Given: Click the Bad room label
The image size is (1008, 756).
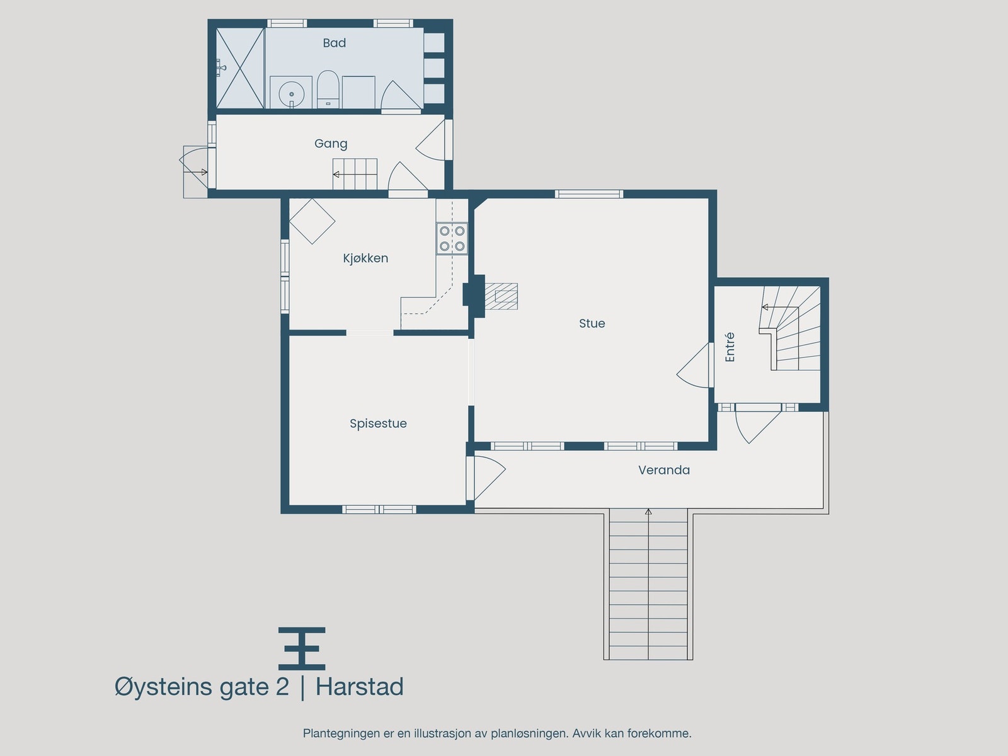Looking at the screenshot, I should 334,43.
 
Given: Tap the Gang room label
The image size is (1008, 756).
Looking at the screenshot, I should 331,144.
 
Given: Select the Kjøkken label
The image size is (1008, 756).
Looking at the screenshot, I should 365,258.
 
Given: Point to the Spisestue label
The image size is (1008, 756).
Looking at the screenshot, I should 378,423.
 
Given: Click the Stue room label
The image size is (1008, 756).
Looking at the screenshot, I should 592,323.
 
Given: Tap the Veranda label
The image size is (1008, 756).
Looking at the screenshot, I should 663,470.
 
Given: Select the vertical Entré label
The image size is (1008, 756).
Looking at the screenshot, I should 730,347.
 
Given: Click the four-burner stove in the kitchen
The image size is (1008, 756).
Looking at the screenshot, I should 452,239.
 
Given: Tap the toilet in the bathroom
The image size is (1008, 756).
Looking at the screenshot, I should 328,90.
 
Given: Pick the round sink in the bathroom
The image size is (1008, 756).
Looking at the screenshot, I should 291,93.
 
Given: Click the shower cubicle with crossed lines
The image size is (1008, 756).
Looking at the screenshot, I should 240,68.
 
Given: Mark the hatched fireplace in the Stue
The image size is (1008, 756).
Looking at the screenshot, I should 505,296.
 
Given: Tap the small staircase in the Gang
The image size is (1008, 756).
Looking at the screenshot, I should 355,173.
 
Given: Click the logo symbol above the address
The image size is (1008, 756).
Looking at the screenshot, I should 302,648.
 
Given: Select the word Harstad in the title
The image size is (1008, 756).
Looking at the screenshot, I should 359,687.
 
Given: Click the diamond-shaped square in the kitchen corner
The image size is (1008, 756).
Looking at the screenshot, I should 312,221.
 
